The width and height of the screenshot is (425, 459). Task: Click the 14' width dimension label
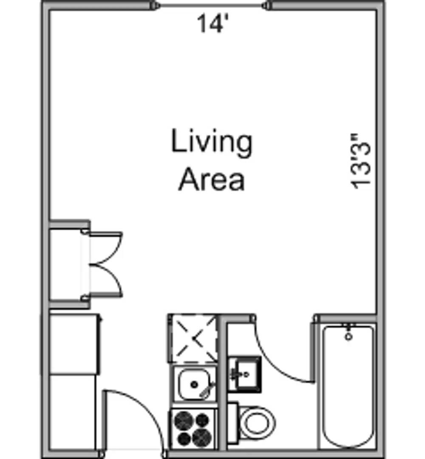click(212, 24)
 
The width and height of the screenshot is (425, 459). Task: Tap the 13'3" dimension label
click(360, 161)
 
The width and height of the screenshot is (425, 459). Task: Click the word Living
click(211, 142)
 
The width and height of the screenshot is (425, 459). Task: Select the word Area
click(211, 179)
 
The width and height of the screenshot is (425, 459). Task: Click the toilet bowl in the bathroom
click(258, 423)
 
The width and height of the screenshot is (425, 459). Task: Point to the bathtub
click(348, 386)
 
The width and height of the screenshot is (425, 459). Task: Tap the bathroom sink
click(245, 374)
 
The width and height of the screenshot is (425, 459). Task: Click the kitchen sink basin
click(194, 384)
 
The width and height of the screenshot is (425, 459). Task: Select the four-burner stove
click(194, 429)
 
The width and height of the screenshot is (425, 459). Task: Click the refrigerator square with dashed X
click(193, 339)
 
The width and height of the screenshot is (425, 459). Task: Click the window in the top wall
click(212, 5)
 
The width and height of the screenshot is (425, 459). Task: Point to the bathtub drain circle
click(348, 337)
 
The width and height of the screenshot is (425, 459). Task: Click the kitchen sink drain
click(194, 384)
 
